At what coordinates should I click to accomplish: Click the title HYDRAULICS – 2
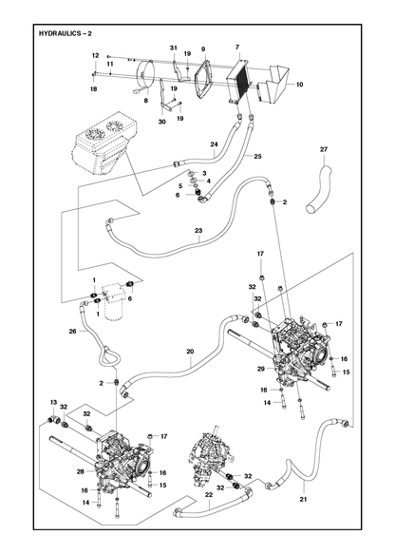pyautogui.click(x=66, y=34)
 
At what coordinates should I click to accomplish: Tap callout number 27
pyautogui.click(x=324, y=149)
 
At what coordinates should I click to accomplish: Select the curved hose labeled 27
pyautogui.click(x=319, y=187)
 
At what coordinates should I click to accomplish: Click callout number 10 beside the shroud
pyautogui.click(x=299, y=85)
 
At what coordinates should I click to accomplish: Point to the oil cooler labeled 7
pyautogui.click(x=238, y=81)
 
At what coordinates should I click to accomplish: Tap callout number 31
pyautogui.click(x=173, y=48)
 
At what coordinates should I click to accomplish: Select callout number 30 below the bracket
pyautogui.click(x=162, y=122)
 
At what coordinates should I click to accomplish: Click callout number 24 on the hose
pyautogui.click(x=215, y=144)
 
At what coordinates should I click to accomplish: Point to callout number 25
pyautogui.click(x=257, y=156)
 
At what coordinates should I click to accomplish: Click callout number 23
pyautogui.click(x=198, y=231)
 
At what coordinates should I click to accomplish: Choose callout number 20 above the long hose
pyautogui.click(x=190, y=352)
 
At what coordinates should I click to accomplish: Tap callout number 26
pyautogui.click(x=72, y=332)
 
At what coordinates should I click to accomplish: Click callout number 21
pyautogui.click(x=304, y=499)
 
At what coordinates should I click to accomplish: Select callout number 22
pyautogui.click(x=209, y=495)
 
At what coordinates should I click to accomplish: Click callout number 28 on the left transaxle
pyautogui.click(x=81, y=471)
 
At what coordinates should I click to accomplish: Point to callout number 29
pyautogui.click(x=261, y=369)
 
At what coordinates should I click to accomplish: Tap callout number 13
pyautogui.click(x=54, y=402)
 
